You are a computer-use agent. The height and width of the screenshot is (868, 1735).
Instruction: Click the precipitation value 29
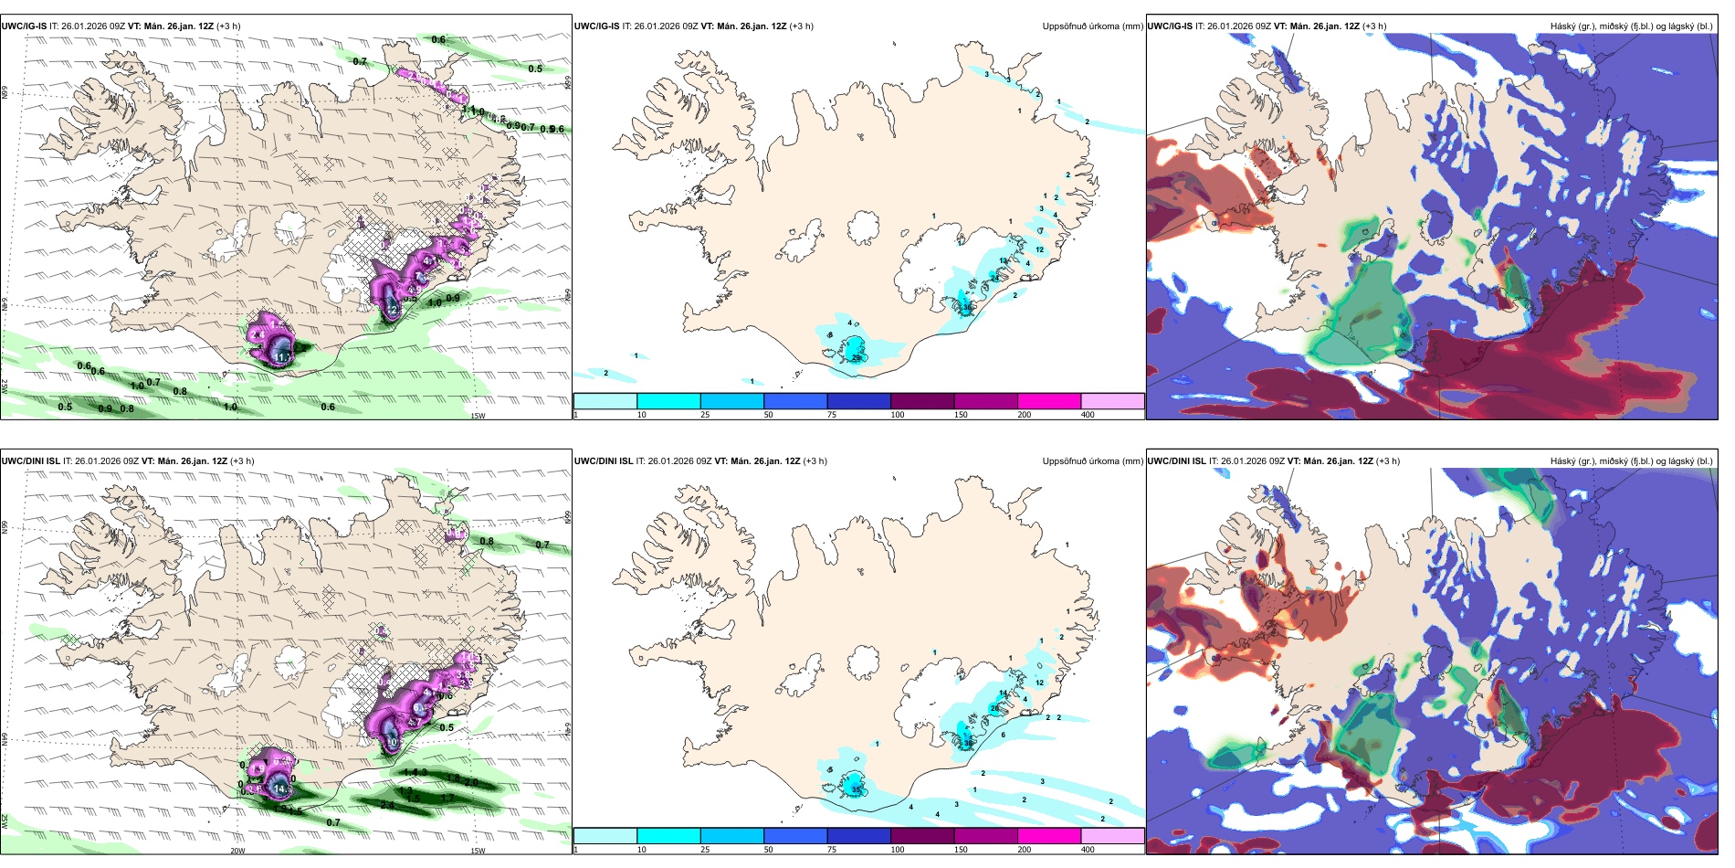pos(857,358)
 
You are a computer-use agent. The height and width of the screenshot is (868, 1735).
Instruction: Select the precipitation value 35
pos(856,789)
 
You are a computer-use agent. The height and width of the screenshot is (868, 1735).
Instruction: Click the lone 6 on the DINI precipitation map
pos(1003,735)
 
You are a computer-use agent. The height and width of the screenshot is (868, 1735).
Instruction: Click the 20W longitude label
pos(237,851)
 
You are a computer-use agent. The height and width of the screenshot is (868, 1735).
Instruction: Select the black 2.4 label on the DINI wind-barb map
pos(387,805)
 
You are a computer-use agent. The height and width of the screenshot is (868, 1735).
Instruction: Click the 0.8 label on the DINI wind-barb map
pos(487,541)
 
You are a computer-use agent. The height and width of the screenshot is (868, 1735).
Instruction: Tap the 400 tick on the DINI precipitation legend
pos(1088,850)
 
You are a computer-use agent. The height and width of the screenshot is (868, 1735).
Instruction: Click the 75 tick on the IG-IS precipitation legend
pos(832,415)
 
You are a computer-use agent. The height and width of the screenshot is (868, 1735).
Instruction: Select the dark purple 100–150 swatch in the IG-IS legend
pos(922,401)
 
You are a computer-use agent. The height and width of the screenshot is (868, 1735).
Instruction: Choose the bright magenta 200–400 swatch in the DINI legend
pos(1049,836)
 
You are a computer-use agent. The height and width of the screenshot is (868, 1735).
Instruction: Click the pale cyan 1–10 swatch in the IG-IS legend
pos(605,401)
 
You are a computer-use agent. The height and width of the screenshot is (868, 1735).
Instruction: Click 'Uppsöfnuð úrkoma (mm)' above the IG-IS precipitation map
pos(1092,26)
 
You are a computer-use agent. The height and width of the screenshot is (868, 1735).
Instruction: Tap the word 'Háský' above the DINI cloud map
pos(1562,461)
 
